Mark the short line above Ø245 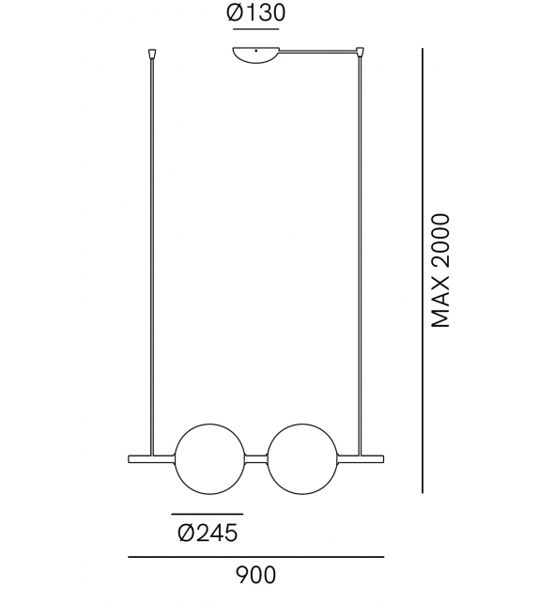(x=208, y=514)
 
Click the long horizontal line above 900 (x=256, y=558)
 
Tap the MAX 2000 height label (x=441, y=271)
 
